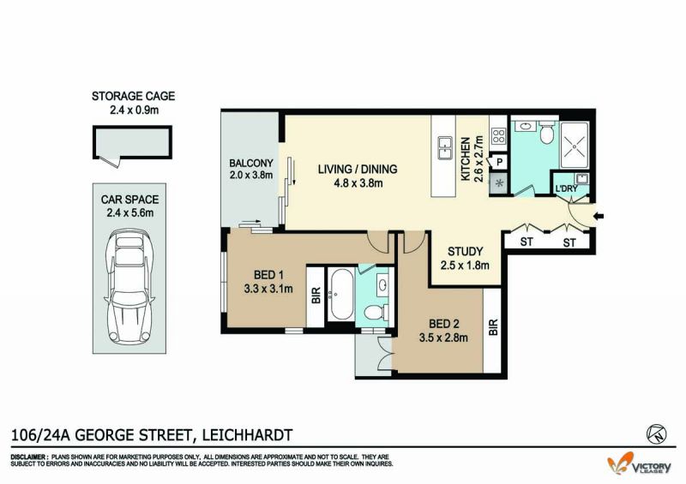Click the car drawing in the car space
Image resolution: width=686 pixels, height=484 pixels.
pos(129,287)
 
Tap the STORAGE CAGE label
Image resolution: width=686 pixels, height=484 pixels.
pos(133,96)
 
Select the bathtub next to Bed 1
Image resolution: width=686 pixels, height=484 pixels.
pos(341,294)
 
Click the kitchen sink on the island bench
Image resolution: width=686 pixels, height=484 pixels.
pos(445,148)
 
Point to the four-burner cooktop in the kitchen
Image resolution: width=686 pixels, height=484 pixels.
pos(498,135)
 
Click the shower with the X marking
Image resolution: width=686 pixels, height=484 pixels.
pos(575,145)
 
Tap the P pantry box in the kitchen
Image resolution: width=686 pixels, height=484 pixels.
pos(499,162)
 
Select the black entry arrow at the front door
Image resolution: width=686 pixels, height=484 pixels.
pos(599,216)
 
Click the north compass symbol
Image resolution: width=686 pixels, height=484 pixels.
pos(656,433)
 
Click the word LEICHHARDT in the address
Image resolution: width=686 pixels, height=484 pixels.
pos(246,435)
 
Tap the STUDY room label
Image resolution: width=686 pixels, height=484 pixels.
pos(465,251)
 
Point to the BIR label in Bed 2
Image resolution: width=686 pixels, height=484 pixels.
pos(494,327)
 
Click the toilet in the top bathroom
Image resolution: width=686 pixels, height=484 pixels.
pos(546,132)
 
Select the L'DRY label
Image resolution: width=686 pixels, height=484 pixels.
pos(567,188)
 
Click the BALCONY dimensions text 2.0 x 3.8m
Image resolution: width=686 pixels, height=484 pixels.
pos(251,176)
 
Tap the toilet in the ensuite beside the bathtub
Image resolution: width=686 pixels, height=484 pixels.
pos(376,312)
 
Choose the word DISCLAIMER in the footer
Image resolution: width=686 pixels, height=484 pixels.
pos(27,457)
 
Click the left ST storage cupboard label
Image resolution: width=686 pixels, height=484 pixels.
pos(527,242)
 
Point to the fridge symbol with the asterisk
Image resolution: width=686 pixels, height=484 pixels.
pos(499,182)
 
